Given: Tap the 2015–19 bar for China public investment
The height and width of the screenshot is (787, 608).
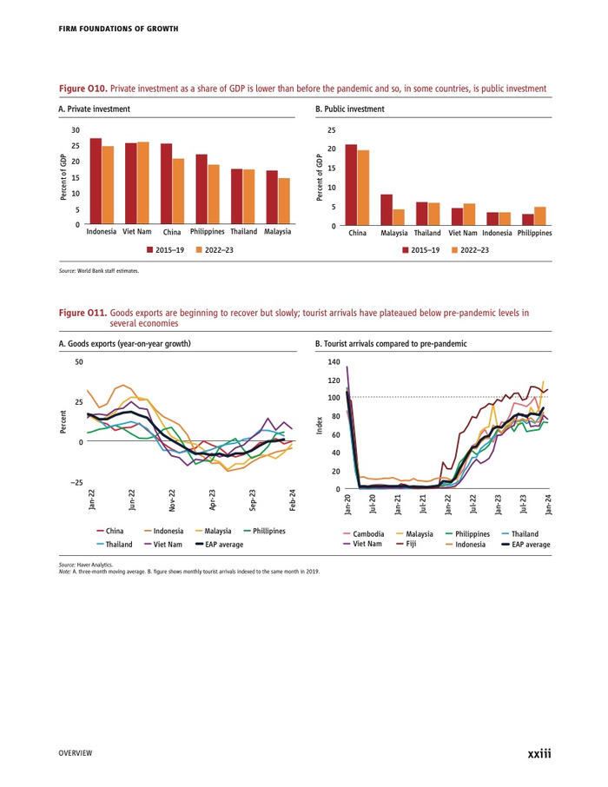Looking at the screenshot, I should click(351, 184).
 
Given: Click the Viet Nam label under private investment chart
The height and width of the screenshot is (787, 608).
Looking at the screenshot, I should click(136, 233).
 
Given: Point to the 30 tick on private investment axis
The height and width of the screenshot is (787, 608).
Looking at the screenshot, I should click(76, 129).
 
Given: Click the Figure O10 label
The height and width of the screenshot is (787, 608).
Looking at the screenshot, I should click(83, 89).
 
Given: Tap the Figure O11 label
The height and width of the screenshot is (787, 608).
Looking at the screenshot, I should click(83, 310).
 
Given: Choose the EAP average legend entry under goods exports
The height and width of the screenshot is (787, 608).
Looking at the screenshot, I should click(218, 544).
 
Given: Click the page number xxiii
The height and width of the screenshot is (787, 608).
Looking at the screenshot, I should click(539, 753).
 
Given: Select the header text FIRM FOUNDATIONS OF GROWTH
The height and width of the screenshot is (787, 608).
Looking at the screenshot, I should click(118, 29).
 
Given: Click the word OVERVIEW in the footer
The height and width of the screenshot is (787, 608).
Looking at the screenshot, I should click(76, 753).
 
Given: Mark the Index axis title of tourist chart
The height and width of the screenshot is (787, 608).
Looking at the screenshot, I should click(320, 425).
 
